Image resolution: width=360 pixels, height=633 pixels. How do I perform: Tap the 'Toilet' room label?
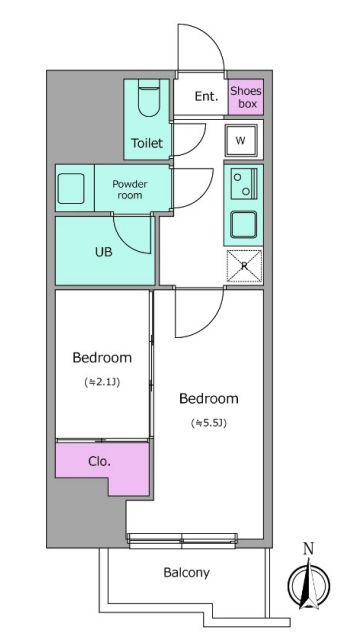[x=147, y=143]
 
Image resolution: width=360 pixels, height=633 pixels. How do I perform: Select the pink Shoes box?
[x=246, y=97]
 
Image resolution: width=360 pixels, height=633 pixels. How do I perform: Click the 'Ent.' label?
[x=206, y=96]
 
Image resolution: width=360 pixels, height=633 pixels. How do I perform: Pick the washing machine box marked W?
[x=241, y=140]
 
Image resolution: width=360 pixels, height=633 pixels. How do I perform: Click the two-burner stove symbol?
[x=244, y=184]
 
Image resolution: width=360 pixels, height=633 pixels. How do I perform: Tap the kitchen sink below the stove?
[x=244, y=224]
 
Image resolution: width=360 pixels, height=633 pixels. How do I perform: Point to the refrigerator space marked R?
[x=244, y=266]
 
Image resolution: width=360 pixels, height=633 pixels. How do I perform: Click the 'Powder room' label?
[x=130, y=190]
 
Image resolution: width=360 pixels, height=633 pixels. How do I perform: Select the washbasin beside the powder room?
[x=71, y=189]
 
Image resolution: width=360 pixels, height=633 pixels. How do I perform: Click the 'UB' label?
[x=103, y=252]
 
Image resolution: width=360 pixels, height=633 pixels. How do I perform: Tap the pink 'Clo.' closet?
[x=103, y=468]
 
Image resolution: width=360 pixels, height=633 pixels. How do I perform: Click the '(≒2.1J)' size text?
[x=102, y=382]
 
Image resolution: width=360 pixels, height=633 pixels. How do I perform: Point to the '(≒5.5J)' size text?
[x=209, y=423]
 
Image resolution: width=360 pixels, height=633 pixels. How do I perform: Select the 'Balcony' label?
[x=186, y=573]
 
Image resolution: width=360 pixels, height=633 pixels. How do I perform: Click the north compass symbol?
[x=309, y=584]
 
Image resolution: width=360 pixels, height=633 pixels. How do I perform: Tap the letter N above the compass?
[x=309, y=549]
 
